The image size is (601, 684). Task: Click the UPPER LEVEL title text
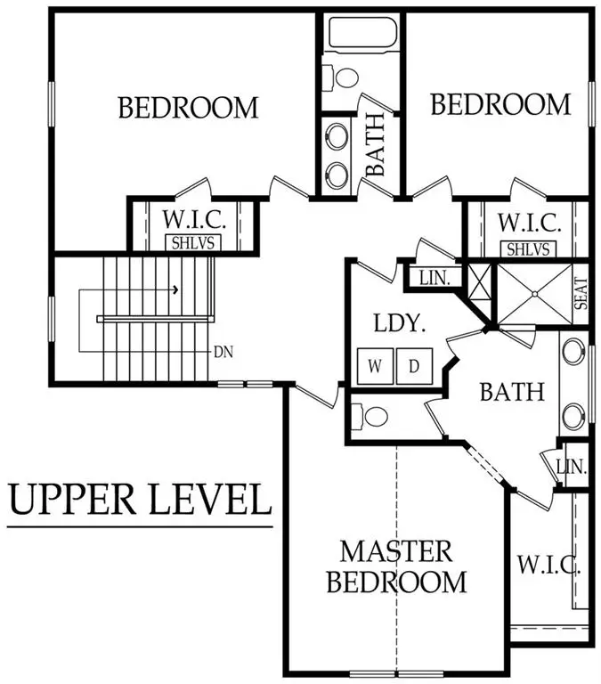point(140,501)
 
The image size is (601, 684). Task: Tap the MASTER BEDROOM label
point(396,566)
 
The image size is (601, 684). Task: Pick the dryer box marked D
point(414,365)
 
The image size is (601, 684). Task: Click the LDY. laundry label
point(396,322)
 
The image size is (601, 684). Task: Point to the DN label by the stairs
point(223,351)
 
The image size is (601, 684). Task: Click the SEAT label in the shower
point(581,295)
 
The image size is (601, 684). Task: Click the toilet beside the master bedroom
point(370,416)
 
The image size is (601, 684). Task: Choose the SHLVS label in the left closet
point(193,242)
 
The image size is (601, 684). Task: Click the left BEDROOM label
point(188,109)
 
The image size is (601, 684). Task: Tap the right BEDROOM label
point(499,105)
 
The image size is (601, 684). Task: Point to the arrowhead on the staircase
point(176,289)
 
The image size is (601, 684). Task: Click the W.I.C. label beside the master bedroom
point(548,565)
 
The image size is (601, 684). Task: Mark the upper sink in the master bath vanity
point(574,350)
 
